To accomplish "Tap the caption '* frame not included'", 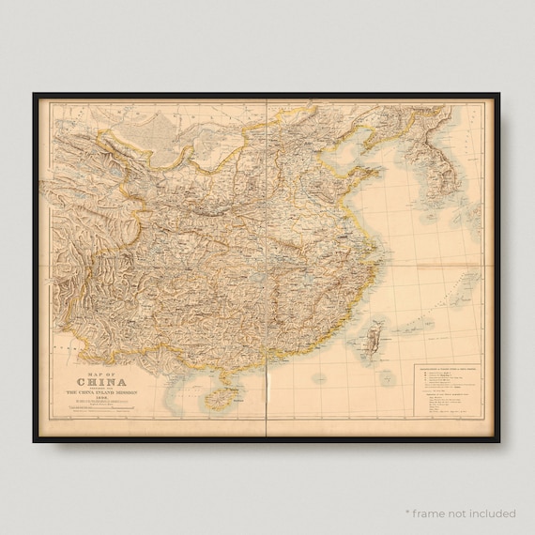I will (x=460, y=513).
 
